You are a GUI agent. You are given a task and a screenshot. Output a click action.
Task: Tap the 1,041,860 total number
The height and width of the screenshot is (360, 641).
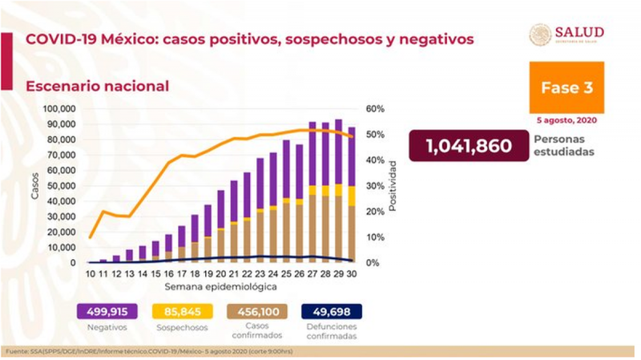pyautogui.click(x=469, y=146)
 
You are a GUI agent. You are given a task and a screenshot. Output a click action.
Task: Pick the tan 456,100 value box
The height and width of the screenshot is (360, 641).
pyautogui.click(x=260, y=312)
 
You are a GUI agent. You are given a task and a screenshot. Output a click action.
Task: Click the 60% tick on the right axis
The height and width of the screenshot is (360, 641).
pyautogui.click(x=376, y=109)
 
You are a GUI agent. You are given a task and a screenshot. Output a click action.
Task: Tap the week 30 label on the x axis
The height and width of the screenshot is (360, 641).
pyautogui.click(x=352, y=274)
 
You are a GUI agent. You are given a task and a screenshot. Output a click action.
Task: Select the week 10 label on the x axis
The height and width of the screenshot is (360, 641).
pyautogui.click(x=91, y=274)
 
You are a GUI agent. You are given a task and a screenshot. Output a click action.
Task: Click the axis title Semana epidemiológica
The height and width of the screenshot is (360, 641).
pyautogui.click(x=222, y=286)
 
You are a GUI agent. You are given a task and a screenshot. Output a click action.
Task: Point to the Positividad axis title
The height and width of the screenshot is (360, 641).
pyautogui.click(x=393, y=186)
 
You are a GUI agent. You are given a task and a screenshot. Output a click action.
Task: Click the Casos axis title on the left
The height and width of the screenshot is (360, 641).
pyautogui.click(x=35, y=186)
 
